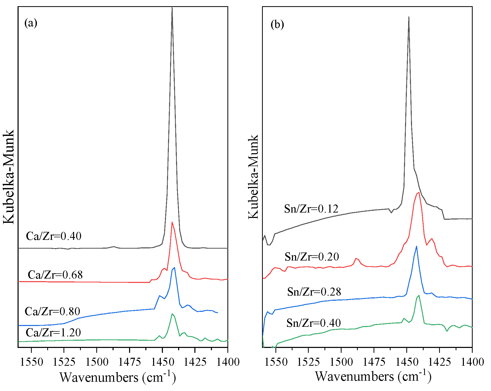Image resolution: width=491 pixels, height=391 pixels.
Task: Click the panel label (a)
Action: [31, 23]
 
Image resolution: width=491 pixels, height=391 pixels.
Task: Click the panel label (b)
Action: [277, 25]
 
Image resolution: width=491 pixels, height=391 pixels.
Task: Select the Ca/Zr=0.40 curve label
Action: [54, 236]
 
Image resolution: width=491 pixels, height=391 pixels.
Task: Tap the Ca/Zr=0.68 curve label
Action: [55, 275]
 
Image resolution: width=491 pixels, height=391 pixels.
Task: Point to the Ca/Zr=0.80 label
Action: [52, 312]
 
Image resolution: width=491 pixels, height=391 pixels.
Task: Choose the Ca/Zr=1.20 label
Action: [53, 332]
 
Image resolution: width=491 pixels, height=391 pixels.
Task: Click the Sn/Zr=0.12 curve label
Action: [311, 209]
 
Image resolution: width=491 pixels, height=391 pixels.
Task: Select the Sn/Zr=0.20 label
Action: [312, 257]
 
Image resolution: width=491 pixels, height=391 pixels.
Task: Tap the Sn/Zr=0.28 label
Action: [314, 292]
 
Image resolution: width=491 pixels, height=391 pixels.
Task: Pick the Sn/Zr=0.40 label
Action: [313, 323]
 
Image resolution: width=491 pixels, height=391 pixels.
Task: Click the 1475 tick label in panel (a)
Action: [129, 362]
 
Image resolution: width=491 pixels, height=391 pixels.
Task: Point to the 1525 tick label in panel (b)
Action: [308, 362]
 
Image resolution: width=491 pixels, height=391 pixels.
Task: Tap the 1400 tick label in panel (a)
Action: [228, 362]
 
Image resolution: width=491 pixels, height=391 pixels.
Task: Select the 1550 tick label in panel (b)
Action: [276, 362]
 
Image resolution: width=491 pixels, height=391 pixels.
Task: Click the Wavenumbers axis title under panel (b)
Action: [373, 376]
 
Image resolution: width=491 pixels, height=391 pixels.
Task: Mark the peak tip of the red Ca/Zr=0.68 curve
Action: [172, 222]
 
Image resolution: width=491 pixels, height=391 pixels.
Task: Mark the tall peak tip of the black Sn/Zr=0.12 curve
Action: [409, 17]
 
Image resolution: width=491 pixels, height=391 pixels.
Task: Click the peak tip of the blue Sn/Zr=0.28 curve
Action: [416, 246]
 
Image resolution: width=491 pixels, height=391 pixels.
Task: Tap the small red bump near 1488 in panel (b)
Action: [356, 258]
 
